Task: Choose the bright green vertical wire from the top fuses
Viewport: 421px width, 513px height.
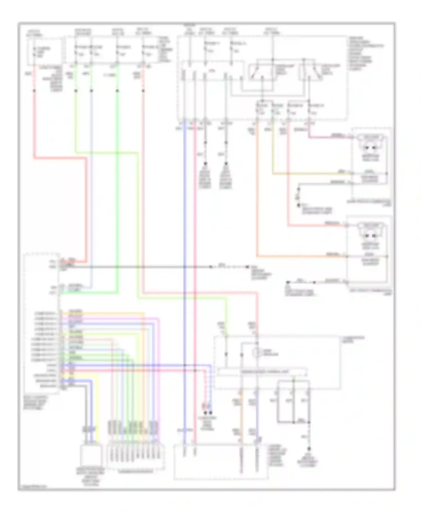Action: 117,182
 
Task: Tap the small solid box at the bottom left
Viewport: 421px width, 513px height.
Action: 90,455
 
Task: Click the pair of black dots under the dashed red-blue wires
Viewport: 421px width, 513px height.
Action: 207,413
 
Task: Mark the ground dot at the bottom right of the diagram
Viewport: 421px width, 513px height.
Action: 309,448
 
